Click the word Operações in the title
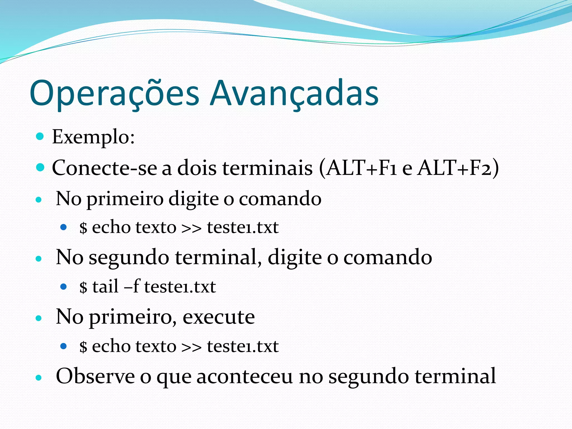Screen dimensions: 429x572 (115, 94)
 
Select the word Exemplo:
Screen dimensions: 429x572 (93, 137)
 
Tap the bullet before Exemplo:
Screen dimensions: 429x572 (40, 136)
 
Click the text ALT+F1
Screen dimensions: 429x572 (362, 168)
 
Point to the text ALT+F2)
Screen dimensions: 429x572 (458, 168)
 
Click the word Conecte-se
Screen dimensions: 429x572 (104, 168)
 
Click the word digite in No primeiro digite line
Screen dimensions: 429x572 (194, 199)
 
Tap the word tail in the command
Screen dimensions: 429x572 (106, 287)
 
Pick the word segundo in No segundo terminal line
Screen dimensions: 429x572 (129, 258)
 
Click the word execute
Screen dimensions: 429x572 (219, 317)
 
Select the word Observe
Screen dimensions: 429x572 (95, 376)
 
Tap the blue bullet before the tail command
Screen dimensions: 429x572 (64, 287)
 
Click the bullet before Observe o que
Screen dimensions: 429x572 (39, 378)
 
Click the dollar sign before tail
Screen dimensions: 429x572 (83, 287)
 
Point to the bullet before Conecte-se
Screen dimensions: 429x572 (40, 168)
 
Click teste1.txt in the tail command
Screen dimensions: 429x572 (180, 287)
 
